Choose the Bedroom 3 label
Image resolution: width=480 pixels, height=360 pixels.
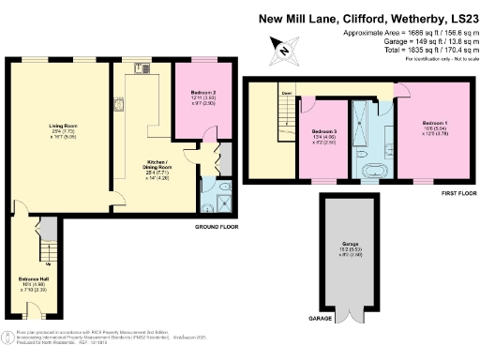point(323,134)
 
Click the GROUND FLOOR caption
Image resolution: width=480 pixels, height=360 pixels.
point(217,228)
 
